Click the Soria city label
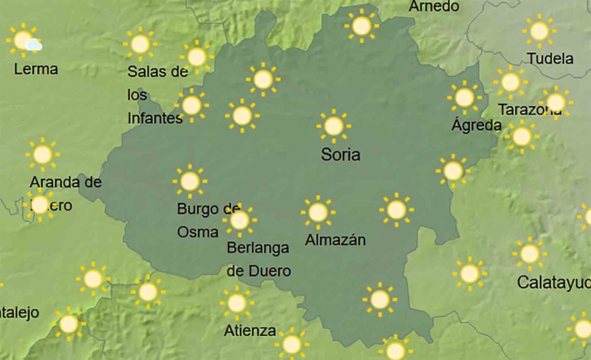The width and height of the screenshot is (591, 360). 340,155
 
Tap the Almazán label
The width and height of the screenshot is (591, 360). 335,241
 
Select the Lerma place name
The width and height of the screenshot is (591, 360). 36,69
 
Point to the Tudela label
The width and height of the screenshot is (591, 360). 550,59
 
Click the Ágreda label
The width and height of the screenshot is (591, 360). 476,126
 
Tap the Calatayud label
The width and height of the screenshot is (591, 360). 553,282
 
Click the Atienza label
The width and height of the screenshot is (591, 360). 250,331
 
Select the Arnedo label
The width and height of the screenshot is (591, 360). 434,7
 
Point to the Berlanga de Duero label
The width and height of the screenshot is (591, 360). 259,258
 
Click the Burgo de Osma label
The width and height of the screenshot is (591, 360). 208,220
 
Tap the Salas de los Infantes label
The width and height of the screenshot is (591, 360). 156,94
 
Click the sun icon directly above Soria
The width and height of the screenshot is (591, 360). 334,126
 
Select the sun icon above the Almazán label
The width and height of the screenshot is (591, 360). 317,213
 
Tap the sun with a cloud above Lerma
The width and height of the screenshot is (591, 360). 24,41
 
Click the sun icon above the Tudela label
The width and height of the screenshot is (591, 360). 539,31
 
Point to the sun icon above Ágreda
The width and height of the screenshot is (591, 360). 464,97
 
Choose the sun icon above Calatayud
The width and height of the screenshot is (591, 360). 529,253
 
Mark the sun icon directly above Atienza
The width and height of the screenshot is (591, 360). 238,303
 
